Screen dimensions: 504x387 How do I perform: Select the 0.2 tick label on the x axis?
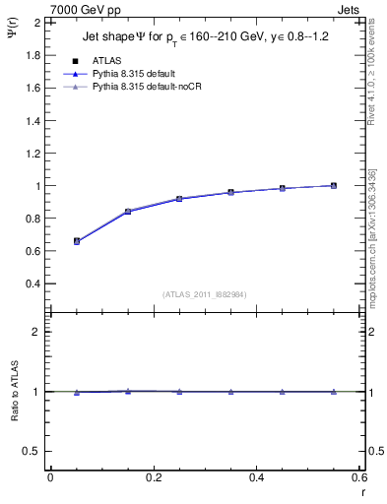(x=153, y=477)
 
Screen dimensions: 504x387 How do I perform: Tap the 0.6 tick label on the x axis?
(x=357, y=477)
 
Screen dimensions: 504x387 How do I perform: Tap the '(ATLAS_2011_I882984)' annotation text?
(x=204, y=293)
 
